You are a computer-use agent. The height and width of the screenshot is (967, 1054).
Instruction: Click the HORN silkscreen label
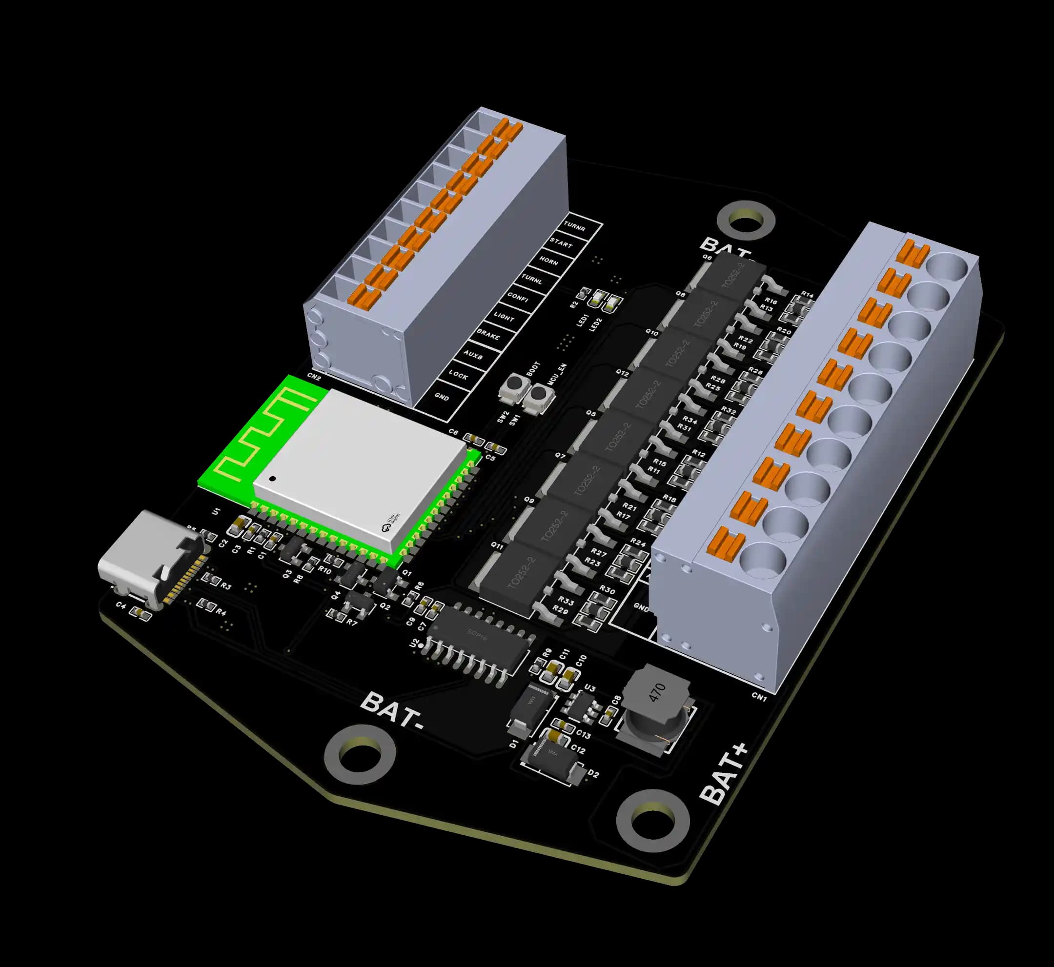click(x=548, y=261)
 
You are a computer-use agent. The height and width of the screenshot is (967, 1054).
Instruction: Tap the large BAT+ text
click(x=725, y=775)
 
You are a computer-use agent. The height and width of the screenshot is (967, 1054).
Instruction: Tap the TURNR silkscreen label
click(x=575, y=226)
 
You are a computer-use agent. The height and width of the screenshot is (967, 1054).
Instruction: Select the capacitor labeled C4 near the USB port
click(x=140, y=613)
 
